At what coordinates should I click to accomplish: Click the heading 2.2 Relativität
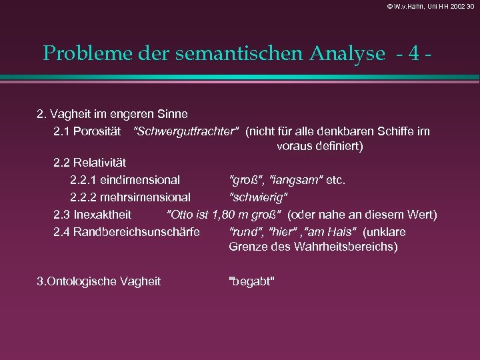[90, 163]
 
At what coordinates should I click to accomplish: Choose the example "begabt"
[251, 281]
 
